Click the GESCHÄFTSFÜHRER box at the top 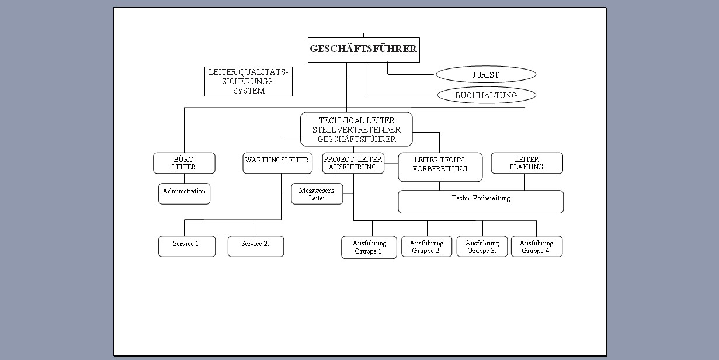point(363,50)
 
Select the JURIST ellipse point(485,75)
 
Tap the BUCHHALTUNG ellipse point(485,95)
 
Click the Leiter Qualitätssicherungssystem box point(248,82)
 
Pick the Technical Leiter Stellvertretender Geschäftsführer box point(356,129)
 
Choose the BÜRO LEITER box point(184,163)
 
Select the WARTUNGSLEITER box point(277,163)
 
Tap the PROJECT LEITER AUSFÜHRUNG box point(353,163)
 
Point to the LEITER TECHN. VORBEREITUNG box point(440,167)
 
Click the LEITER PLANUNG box point(526,163)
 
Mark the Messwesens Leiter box point(317,194)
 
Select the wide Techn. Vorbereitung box point(480,202)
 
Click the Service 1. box point(187,246)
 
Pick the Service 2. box point(255,246)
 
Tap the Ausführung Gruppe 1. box point(369,247)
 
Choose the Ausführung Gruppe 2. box point(426,247)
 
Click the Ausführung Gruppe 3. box point(482,247)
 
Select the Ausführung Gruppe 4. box point(536,247)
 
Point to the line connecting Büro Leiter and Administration point(184,178)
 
